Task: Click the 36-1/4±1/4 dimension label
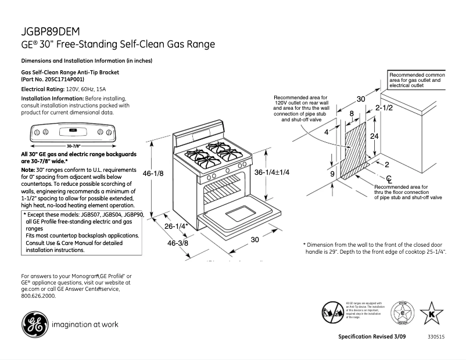[x=271, y=173]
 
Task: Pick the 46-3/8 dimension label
[x=178, y=243]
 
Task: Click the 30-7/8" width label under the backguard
[x=73, y=146]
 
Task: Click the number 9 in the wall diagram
[x=332, y=174]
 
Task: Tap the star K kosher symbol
[x=431, y=312]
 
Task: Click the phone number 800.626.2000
[x=38, y=296]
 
